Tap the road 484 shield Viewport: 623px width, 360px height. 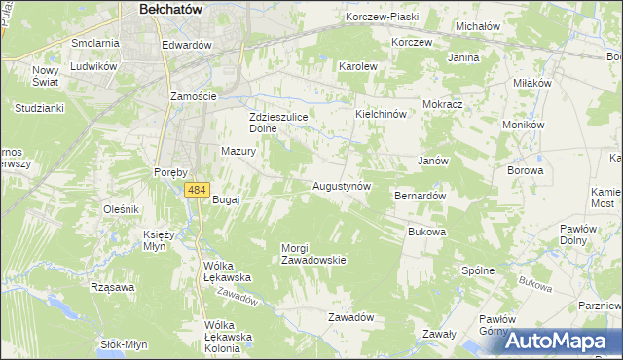[x=198, y=189]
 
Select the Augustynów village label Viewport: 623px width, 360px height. [x=341, y=185]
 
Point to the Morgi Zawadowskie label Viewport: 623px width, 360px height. [x=313, y=254]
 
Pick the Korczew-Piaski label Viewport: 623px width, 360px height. [x=382, y=18]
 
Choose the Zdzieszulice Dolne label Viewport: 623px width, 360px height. [x=277, y=122]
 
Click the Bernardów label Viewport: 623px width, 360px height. [x=420, y=196]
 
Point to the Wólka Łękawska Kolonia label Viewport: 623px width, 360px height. [x=228, y=337]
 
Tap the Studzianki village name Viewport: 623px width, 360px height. [x=38, y=108]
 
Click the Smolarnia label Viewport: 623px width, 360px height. [x=95, y=44]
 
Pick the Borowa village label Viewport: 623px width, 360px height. [x=525, y=170]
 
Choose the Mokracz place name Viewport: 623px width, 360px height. [x=442, y=103]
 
